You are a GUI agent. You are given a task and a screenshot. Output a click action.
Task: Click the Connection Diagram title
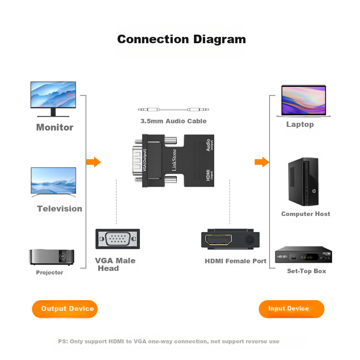click(181, 39)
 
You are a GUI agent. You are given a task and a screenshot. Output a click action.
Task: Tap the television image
click(53, 182)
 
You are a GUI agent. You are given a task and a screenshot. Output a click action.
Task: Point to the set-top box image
click(304, 256)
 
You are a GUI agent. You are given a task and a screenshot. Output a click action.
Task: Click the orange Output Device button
click(65, 309)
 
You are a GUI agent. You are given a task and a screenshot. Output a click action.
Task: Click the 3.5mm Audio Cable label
click(173, 121)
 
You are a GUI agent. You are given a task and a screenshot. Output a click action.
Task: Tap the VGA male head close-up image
click(117, 239)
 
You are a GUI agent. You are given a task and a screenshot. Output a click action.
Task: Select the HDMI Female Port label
click(235, 261)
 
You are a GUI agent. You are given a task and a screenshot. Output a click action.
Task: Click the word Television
click(59, 209)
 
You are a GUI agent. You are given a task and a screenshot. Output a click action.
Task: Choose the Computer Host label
click(306, 214)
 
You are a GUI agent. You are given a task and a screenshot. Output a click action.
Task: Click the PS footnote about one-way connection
click(169, 342)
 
